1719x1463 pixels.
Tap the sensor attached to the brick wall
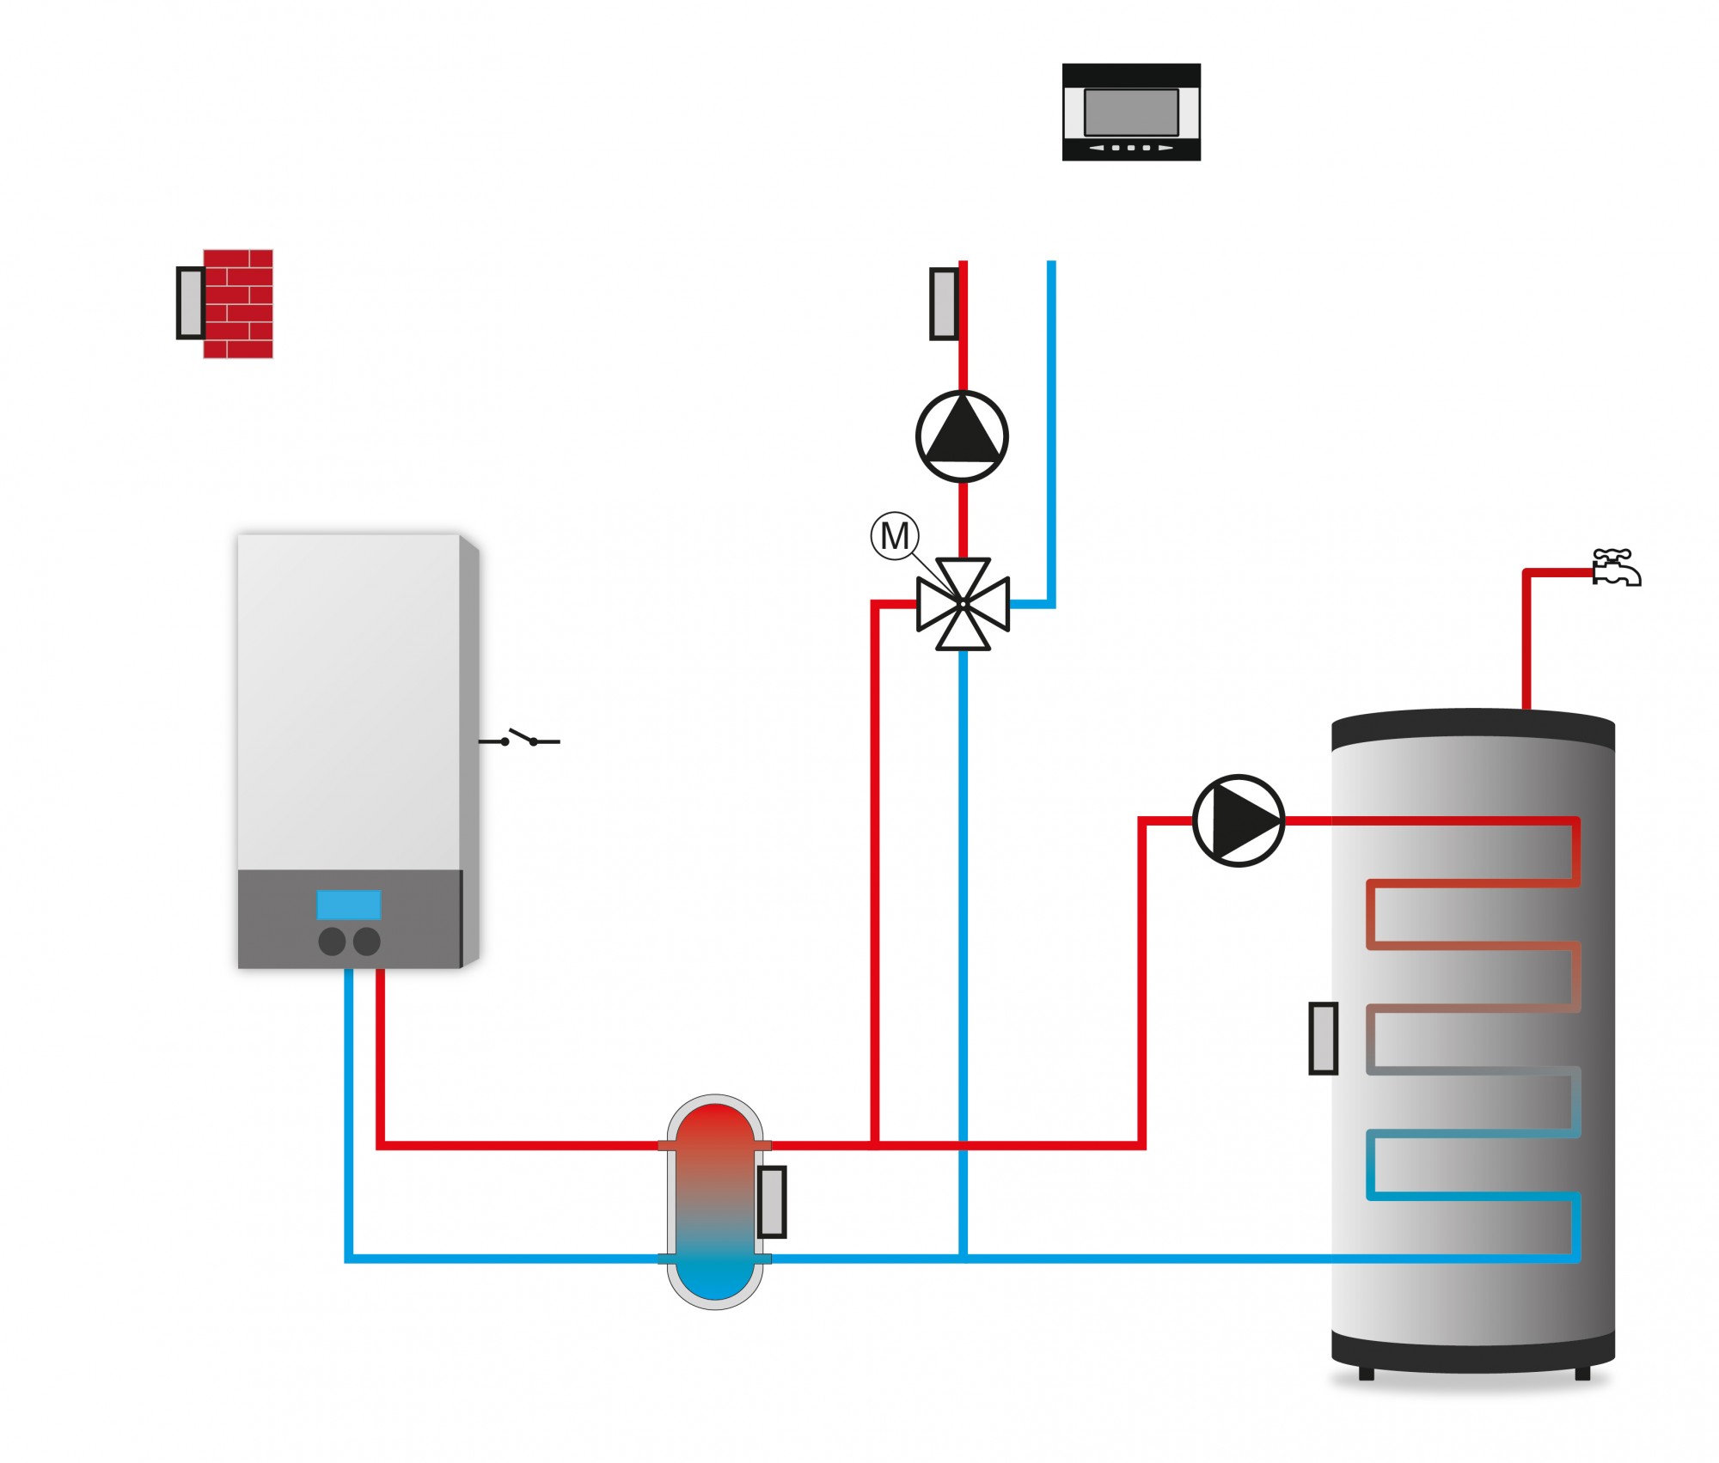click(190, 303)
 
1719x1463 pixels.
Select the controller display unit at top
click(1130, 112)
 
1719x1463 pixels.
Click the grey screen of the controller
click(1130, 112)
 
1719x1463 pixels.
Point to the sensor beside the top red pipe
click(944, 303)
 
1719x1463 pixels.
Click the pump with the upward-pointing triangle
click(962, 436)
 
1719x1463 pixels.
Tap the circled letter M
click(895, 536)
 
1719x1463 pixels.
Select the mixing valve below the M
click(963, 604)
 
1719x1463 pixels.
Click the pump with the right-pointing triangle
click(1239, 820)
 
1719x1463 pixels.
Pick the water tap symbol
click(1616, 568)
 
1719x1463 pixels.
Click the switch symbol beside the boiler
click(520, 739)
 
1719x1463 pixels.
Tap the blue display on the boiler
click(348, 905)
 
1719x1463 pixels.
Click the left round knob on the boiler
click(332, 942)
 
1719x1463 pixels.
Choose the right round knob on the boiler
click(367, 942)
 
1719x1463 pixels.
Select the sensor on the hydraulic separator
click(772, 1202)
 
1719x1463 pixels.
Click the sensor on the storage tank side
click(1323, 1039)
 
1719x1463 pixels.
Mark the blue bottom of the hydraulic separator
click(715, 1280)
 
